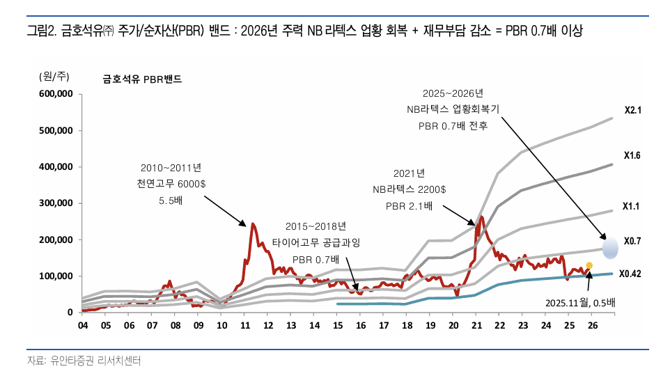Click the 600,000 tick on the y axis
pos(55,94)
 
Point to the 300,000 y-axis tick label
pos(55,203)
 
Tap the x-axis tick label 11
pos(244,325)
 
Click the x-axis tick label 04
pos(82,325)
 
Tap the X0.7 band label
pos(632,241)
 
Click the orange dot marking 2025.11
pos(589,265)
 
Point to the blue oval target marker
pos(611,247)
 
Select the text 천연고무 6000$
pos(171,184)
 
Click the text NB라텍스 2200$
pos(409,189)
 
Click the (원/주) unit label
pos(53,77)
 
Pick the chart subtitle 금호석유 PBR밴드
pos(142,79)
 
